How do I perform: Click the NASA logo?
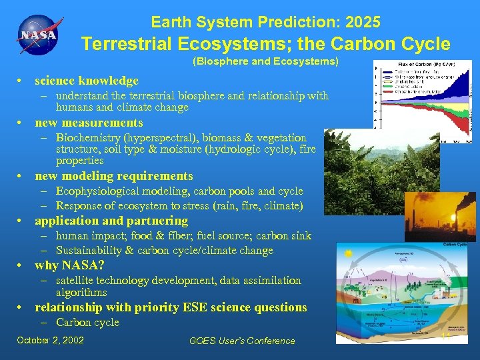click(x=38, y=34)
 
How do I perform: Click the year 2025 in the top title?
click(x=364, y=22)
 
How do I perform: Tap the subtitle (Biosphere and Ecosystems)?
click(x=265, y=62)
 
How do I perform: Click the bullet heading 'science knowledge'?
click(x=87, y=81)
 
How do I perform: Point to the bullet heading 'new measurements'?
click(x=89, y=123)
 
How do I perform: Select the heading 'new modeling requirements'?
click(x=113, y=176)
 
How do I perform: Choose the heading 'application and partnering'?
click(x=111, y=221)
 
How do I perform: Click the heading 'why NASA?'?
click(x=69, y=265)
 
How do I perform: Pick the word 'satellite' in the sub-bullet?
click(x=75, y=281)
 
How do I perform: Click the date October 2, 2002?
click(x=51, y=340)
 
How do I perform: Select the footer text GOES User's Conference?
click(x=242, y=341)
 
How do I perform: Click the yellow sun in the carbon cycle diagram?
click(x=347, y=253)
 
